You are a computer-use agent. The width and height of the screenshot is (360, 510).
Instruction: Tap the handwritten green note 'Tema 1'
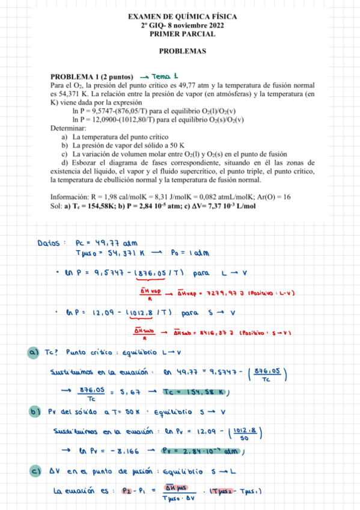click(x=163, y=76)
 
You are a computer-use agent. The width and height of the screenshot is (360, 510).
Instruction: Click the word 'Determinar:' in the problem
click(x=69, y=128)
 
